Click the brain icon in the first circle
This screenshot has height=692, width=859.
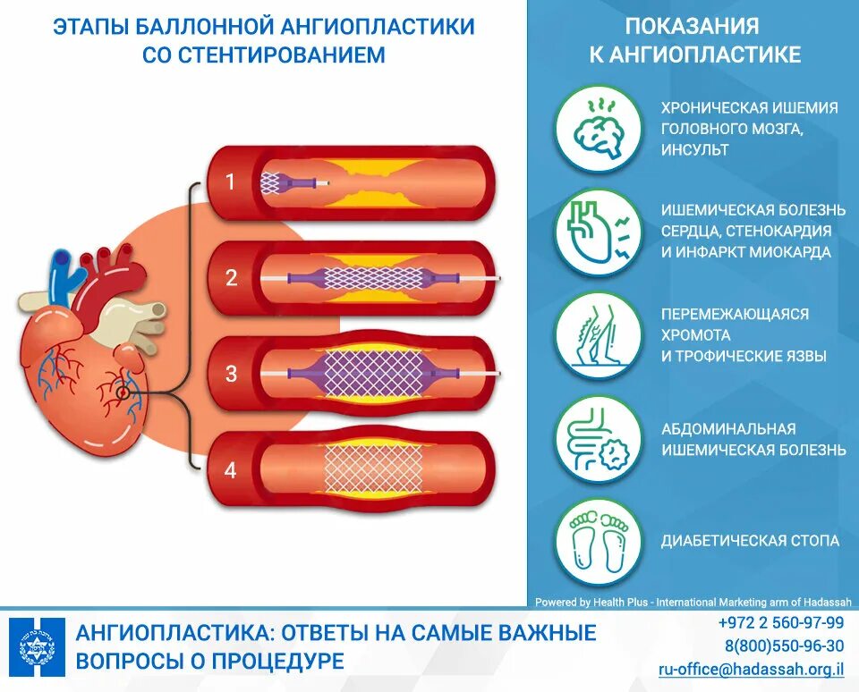click(598, 130)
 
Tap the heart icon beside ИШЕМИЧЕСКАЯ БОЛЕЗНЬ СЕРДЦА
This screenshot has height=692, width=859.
click(598, 232)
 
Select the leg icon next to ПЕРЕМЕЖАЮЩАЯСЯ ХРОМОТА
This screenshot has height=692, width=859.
click(598, 335)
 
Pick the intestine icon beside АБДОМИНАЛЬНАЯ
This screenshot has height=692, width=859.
click(598, 439)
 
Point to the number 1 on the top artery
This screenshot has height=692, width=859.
click(230, 182)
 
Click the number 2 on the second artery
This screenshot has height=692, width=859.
click(231, 278)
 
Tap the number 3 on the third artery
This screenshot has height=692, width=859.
click(231, 373)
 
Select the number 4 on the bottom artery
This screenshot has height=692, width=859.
click(230, 469)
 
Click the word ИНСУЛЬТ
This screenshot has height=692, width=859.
click(694, 150)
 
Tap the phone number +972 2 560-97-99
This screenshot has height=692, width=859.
click(780, 623)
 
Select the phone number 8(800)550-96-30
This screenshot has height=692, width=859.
click(784, 646)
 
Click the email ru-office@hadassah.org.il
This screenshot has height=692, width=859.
click(752, 669)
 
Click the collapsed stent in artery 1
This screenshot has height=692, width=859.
click(271, 183)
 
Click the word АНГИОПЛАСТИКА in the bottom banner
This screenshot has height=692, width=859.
click(174, 634)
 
